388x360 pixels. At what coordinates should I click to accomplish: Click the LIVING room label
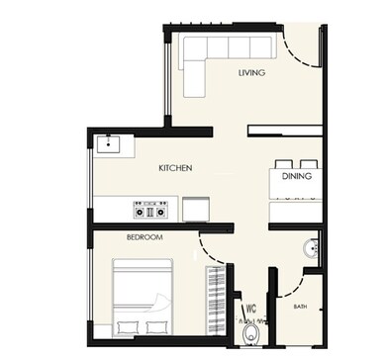click(x=251, y=73)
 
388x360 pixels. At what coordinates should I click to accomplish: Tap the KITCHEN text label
click(x=174, y=168)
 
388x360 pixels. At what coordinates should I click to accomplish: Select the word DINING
click(x=297, y=176)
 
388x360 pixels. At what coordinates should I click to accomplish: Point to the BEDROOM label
click(x=145, y=237)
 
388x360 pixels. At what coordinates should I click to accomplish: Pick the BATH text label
click(x=300, y=307)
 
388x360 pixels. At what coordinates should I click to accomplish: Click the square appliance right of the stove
click(x=194, y=208)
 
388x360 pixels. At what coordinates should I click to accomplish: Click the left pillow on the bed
click(x=127, y=325)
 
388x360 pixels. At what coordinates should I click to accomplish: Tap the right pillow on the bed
click(x=156, y=325)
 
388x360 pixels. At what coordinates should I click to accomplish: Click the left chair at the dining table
click(x=284, y=163)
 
